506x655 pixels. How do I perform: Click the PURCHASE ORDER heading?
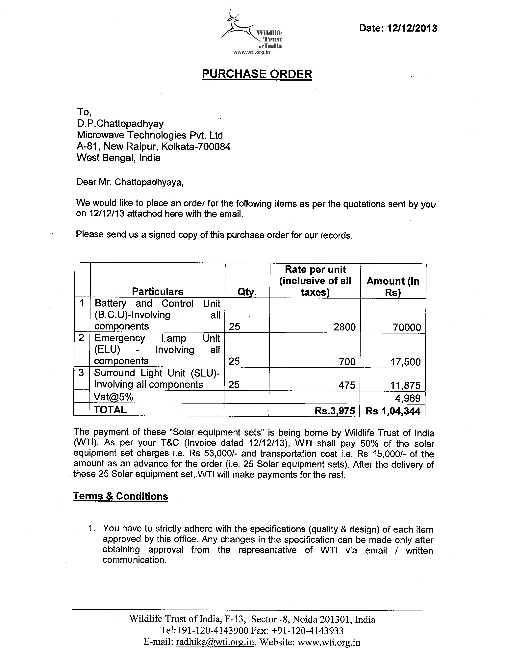pos(257,74)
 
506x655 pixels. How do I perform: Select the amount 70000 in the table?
pos(407,327)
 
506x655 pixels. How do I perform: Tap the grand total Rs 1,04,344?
pos(393,411)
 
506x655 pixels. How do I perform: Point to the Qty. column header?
pos(247,292)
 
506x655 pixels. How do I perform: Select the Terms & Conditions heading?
pos(120,496)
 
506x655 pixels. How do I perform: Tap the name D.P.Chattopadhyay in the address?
pos(120,124)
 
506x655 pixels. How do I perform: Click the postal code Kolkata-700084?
pos(196,147)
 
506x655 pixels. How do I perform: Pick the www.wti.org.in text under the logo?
pos(251,52)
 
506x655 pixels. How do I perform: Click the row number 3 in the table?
pos(81,373)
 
